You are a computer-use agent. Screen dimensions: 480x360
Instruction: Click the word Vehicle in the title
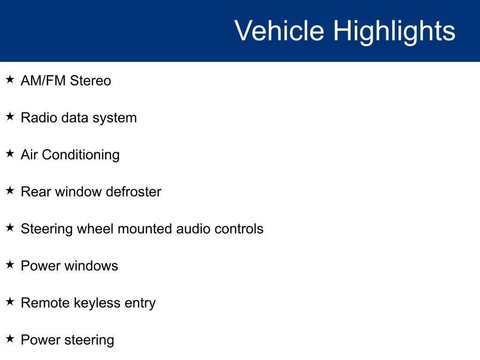[279, 30]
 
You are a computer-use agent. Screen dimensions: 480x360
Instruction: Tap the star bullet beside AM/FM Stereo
[10, 79]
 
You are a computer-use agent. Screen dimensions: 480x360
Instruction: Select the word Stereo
[90, 81]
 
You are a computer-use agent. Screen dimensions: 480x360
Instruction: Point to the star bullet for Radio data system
[10, 116]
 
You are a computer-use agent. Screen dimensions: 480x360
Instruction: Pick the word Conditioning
[81, 155]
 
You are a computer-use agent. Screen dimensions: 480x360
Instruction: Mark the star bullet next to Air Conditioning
[10, 153]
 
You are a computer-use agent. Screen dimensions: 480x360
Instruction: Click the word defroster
[134, 192]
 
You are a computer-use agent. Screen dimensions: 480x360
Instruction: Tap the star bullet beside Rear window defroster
[10, 190]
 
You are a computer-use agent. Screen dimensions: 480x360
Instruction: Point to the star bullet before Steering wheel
[10, 227]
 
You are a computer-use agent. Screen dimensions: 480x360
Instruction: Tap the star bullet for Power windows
[10, 264]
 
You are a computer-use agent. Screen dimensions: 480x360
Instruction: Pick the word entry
[140, 304]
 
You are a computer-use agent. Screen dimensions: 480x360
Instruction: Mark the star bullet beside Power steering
[10, 338]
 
